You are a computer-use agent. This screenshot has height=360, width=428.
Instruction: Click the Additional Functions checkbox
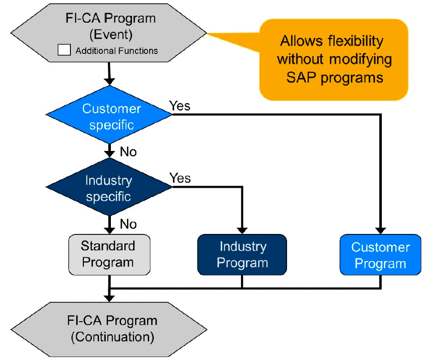64,50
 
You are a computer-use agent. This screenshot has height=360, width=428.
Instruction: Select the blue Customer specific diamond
109,115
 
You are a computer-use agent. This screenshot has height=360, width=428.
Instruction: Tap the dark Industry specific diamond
109,187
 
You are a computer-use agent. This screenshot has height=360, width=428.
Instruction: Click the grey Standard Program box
109,255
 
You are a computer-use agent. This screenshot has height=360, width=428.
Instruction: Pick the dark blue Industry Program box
242,255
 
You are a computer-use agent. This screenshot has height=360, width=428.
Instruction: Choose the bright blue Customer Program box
380,255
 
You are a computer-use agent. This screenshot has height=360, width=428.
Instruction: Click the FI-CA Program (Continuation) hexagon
109,329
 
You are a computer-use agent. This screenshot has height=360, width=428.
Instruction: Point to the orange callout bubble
334,60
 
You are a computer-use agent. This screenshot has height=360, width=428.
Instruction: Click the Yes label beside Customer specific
180,106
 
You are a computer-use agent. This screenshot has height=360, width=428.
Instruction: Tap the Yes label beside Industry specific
180,178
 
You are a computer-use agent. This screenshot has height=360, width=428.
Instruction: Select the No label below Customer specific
129,151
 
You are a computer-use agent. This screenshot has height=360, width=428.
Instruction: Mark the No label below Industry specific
129,224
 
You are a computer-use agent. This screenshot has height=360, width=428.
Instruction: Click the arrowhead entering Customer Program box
380,231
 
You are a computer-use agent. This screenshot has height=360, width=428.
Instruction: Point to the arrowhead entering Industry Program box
242,231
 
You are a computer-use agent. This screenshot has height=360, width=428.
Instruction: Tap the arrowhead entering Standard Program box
109,231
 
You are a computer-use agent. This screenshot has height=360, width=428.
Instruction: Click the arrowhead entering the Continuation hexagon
109,298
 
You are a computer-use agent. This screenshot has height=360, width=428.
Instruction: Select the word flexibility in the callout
356,41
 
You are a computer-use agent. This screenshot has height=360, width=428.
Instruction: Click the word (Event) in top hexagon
111,35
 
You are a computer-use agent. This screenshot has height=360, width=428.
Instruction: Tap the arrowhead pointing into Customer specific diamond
109,82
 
